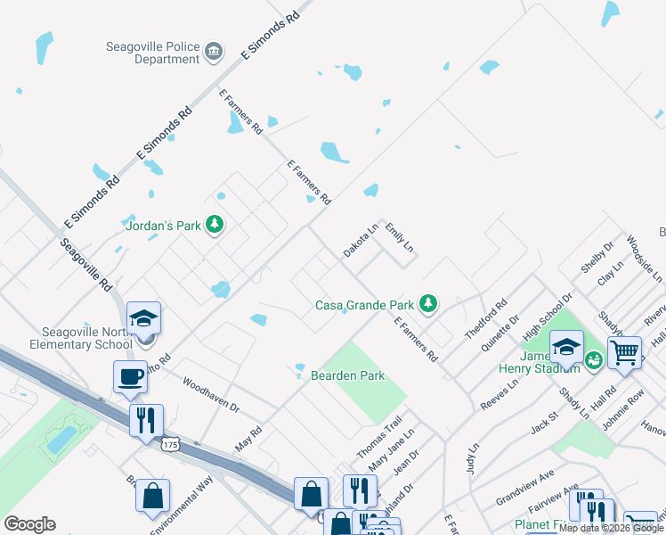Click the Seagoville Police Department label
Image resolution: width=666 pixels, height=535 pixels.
click(154, 53)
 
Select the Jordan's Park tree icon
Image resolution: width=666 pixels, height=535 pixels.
click(214, 225)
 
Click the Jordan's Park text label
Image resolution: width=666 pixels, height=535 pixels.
click(163, 226)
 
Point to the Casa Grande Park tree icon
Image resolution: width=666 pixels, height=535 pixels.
click(428, 305)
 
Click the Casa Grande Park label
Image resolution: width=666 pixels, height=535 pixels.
click(364, 305)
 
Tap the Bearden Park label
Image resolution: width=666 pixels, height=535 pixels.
click(347, 375)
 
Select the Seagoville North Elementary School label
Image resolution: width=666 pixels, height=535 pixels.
click(67, 338)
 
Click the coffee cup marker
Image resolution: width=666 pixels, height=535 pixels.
click(130, 375)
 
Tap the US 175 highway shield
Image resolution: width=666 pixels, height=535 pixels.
click(169, 443)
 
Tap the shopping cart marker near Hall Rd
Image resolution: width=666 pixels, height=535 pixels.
click(624, 351)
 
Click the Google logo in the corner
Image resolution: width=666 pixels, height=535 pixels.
click(29, 524)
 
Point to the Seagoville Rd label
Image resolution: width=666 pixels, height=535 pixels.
click(86, 265)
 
